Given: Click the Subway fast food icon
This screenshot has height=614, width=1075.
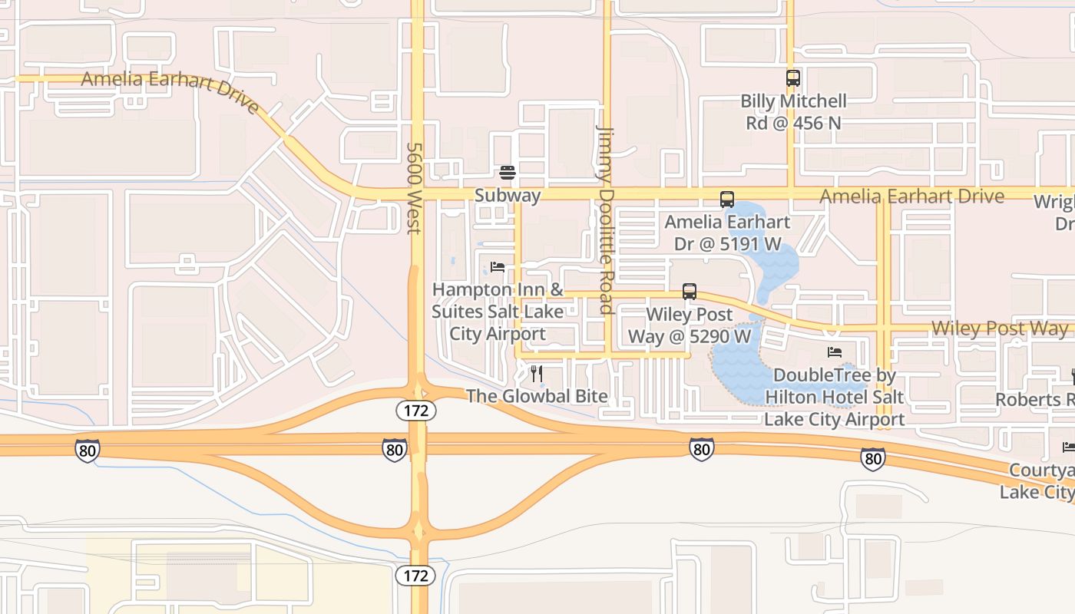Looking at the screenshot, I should (507, 172).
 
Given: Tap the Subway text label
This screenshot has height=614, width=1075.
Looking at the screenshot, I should (507, 196).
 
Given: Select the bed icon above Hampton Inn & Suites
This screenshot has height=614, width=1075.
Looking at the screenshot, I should (498, 267).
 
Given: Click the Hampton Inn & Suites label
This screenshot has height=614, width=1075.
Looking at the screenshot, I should (497, 312).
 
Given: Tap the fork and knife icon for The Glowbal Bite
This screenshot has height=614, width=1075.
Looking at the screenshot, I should (537, 374).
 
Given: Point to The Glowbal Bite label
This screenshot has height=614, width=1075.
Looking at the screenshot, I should (537, 397).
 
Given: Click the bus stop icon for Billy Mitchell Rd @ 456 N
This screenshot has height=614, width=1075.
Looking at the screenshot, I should (792, 78).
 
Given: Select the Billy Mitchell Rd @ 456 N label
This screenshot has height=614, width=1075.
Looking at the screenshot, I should (793, 112).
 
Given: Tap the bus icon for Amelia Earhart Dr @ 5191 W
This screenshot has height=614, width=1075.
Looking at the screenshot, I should (726, 200).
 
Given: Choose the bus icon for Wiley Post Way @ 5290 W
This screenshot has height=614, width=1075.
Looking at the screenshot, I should (690, 292).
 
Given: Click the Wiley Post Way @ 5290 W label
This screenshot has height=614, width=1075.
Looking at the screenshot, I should (690, 325).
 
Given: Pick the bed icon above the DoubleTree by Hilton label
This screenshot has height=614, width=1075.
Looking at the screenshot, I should (835, 352).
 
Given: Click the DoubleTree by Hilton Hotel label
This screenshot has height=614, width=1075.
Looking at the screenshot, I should (835, 398).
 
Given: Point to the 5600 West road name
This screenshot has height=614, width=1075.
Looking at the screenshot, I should (415, 188).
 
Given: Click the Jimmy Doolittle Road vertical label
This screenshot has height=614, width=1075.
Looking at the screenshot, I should (606, 220).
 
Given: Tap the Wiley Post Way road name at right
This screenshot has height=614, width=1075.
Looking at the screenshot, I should (999, 328).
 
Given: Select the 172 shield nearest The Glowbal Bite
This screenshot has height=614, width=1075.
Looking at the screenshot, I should (416, 411).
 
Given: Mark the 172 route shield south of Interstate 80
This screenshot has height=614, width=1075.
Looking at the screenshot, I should (416, 575).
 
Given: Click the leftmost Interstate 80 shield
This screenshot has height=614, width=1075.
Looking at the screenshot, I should (88, 451).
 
